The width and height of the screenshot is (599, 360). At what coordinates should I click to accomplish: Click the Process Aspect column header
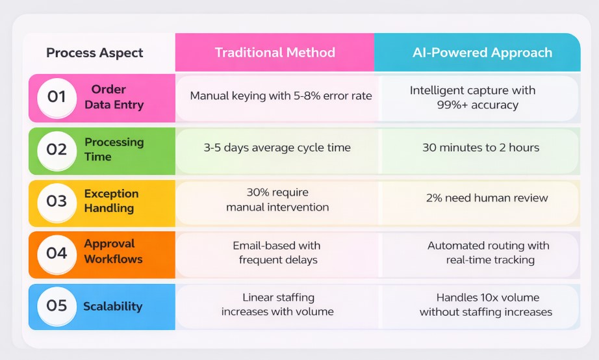click(95, 53)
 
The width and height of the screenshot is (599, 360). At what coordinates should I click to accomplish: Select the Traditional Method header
click(275, 53)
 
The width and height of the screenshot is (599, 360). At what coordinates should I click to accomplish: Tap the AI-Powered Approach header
click(482, 53)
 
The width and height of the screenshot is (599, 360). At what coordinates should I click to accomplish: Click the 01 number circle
click(57, 97)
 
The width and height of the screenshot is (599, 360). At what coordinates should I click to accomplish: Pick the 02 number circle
click(57, 150)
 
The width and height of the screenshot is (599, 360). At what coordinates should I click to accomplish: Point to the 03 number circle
click(57, 201)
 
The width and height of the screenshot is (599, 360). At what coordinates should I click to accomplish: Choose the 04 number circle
click(57, 253)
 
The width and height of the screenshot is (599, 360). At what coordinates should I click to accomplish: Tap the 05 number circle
click(57, 305)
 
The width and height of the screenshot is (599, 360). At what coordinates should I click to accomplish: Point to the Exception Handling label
click(111, 201)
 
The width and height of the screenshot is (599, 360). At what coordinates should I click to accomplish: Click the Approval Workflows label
click(113, 251)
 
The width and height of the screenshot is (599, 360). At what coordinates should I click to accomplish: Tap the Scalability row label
click(112, 306)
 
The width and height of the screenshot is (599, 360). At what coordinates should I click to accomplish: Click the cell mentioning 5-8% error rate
click(281, 96)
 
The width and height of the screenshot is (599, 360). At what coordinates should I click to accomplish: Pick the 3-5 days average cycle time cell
click(277, 148)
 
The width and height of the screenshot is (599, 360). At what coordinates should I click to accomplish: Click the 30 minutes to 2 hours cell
click(481, 148)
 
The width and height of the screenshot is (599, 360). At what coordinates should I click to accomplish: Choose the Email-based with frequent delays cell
click(277, 253)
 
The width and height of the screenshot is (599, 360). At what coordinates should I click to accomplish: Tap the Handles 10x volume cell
click(486, 305)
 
